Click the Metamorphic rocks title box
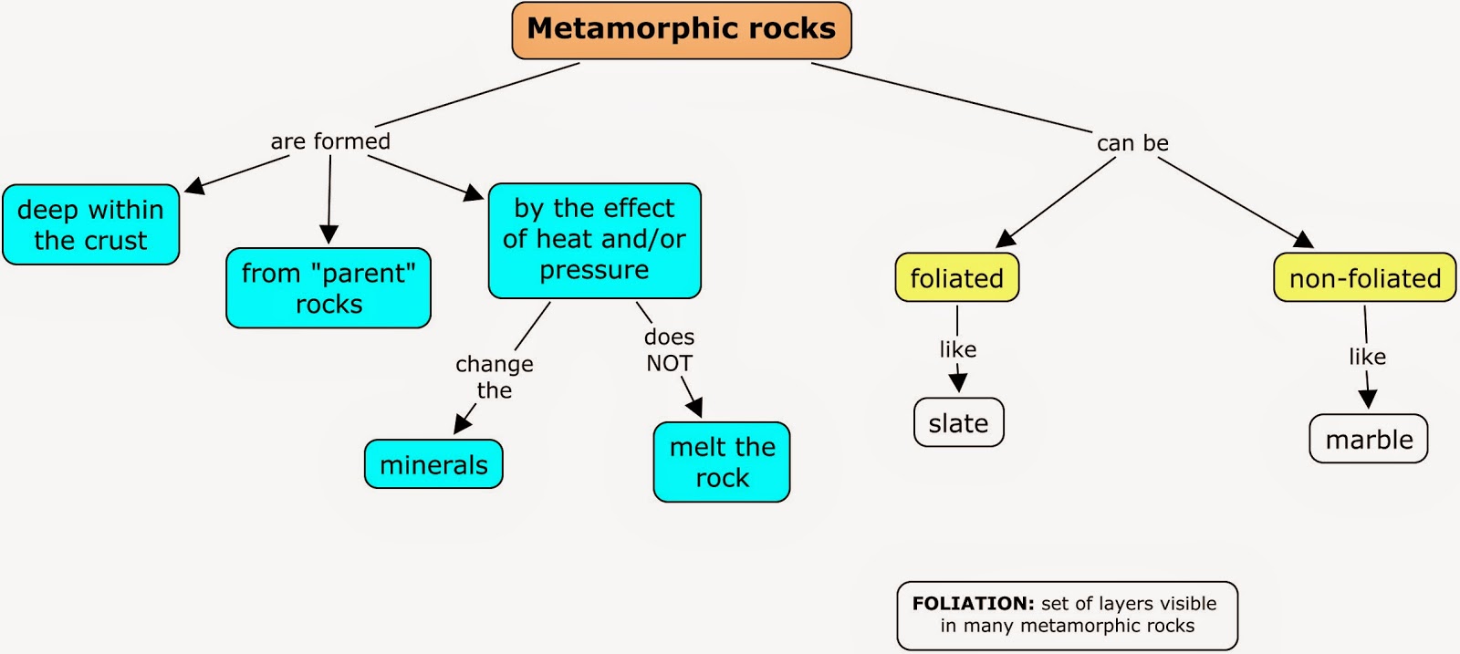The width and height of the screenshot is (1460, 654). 682,30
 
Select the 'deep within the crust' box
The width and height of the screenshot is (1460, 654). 90,224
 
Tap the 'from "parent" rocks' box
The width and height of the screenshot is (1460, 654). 328,288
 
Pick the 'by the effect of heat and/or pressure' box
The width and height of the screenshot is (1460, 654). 594,240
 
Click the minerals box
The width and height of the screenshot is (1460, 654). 433,464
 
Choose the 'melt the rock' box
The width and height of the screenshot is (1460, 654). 722,462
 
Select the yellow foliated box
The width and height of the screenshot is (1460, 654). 956,278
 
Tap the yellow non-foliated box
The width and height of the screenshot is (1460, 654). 1364,278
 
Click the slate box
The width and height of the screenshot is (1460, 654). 958,423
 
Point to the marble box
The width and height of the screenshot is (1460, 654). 1369,440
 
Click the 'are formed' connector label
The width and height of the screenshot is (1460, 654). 330,141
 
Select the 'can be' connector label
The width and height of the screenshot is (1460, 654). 1132,143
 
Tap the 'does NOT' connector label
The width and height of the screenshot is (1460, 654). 669,350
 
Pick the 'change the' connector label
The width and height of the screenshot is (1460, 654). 495,377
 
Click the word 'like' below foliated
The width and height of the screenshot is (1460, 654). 957,349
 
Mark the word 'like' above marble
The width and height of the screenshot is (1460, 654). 1367,357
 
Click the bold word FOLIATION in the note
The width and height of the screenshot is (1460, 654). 973,603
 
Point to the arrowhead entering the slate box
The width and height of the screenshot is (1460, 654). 958,382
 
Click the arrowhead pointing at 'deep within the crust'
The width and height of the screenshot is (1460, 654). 194,186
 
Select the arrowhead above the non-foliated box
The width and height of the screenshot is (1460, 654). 1304,240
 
